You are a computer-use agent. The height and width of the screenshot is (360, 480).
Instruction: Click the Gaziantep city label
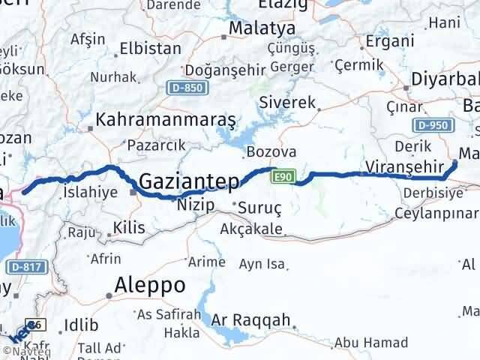(189, 181)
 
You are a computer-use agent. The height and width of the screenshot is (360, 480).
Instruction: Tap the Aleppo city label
(150, 285)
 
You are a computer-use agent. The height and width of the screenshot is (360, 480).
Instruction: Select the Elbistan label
(151, 49)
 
